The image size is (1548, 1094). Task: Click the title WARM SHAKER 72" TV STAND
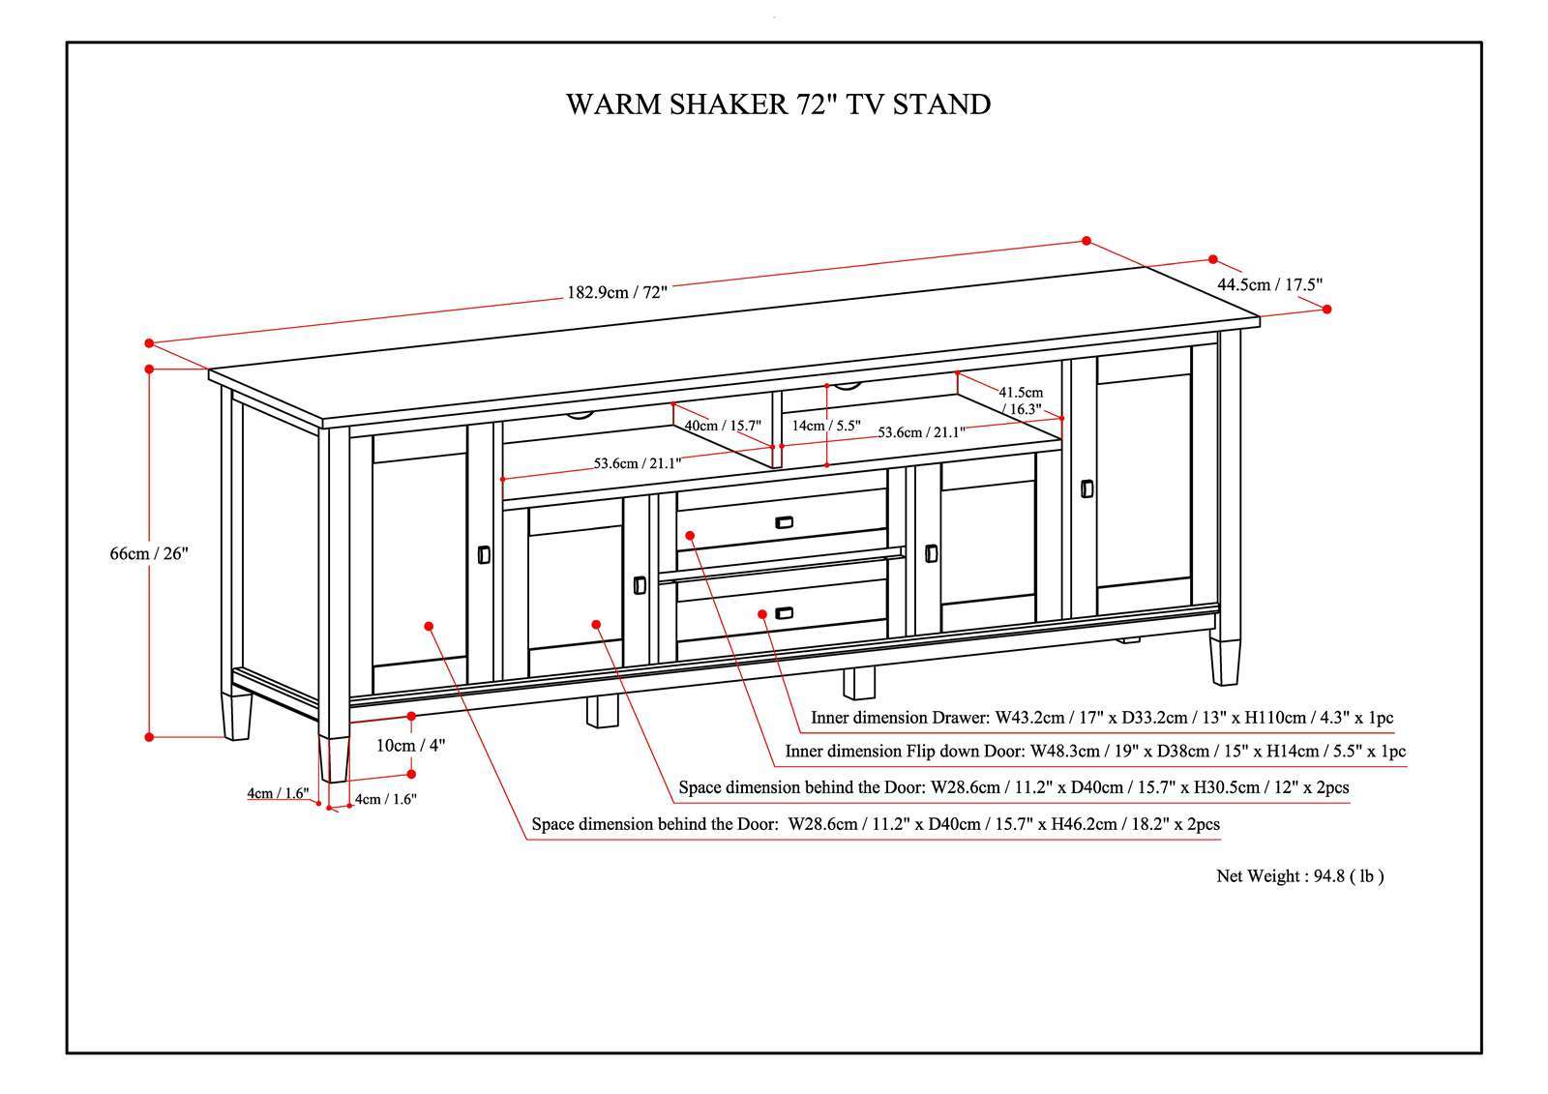click(778, 104)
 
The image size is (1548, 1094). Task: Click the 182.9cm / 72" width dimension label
click(617, 292)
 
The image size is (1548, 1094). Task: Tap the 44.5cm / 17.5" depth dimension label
click(1269, 284)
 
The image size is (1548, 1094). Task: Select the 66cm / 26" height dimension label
click(148, 553)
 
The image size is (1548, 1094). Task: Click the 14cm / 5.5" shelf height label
click(825, 424)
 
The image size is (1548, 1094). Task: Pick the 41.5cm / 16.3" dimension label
click(1021, 400)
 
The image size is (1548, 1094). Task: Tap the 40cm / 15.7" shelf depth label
click(723, 425)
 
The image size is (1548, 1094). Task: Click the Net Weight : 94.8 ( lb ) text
click(1299, 876)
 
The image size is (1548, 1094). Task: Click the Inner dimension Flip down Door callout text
click(1095, 751)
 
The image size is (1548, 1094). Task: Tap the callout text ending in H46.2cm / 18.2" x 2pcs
click(876, 824)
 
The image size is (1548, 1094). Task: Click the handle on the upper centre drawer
click(784, 522)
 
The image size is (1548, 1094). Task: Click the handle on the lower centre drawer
click(784, 612)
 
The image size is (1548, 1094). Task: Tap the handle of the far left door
click(484, 554)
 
